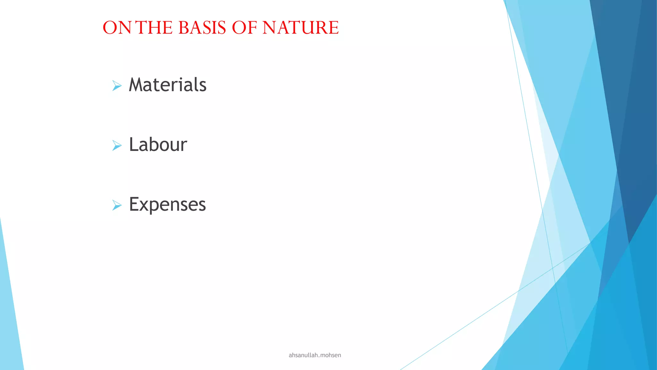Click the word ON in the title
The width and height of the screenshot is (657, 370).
[x=117, y=28]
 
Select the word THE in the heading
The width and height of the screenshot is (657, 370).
[x=154, y=28]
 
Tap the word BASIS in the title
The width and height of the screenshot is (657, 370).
[x=202, y=28]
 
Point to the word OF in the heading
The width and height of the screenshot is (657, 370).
[x=244, y=28]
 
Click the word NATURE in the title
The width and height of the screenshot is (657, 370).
[x=301, y=28]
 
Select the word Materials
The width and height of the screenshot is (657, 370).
[x=167, y=85]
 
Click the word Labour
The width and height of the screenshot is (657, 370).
[x=158, y=145]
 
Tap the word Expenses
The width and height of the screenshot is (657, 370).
[x=167, y=205]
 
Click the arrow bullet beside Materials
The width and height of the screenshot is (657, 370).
[x=117, y=86]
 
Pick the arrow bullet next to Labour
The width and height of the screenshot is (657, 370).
[x=117, y=145]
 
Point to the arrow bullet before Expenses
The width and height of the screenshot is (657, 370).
[x=117, y=205]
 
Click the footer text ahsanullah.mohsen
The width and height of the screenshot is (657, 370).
[x=315, y=355]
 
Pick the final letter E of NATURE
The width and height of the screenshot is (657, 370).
[x=334, y=28]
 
